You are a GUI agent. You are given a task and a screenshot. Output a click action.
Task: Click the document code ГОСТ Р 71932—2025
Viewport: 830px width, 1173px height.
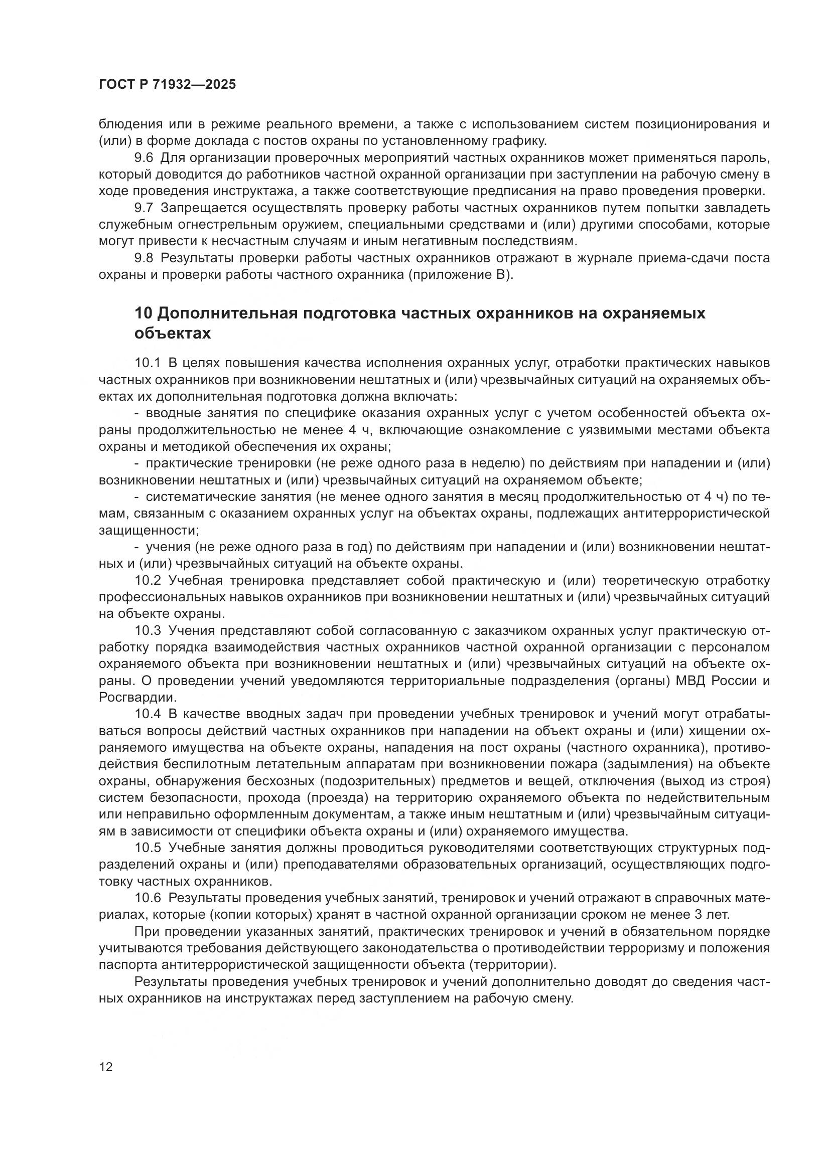click(x=167, y=85)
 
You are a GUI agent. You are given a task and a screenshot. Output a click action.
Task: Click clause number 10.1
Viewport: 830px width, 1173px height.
click(x=148, y=363)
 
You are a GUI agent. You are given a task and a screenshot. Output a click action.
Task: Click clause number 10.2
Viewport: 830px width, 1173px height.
click(x=148, y=580)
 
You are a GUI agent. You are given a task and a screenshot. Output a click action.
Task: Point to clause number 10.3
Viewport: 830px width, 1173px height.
click(x=148, y=630)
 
